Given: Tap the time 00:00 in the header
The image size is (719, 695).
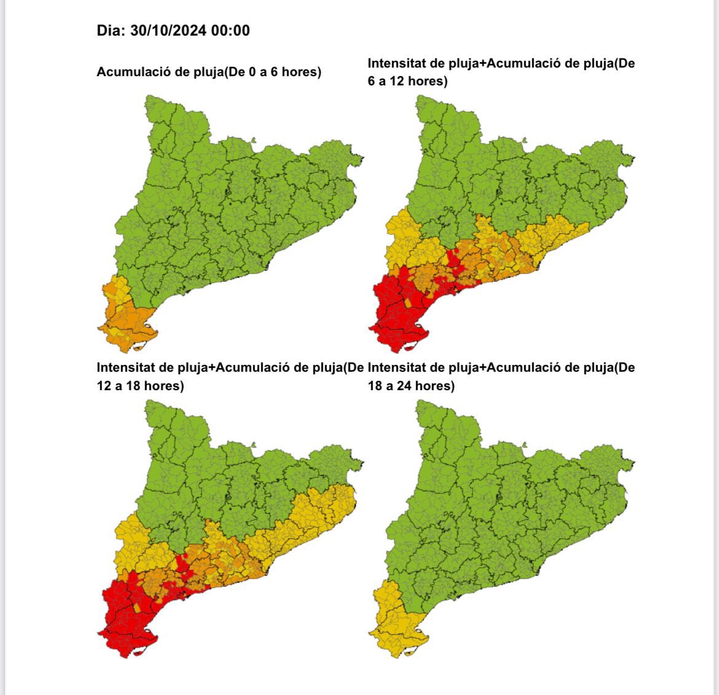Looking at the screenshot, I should pos(230,31).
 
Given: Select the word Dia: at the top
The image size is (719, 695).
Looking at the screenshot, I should pos(111,31).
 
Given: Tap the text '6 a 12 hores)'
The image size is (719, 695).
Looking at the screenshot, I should pos(407,81).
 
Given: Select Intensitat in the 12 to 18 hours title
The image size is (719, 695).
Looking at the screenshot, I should pos(126,368).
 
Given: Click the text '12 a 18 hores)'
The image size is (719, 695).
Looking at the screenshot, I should pos(140,386).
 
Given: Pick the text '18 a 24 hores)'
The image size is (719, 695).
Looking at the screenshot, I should pos(411,386).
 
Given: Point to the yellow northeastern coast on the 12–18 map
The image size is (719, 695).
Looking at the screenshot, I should pos(326,510).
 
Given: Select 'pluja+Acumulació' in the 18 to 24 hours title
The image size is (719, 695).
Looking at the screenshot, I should pos(499,368).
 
